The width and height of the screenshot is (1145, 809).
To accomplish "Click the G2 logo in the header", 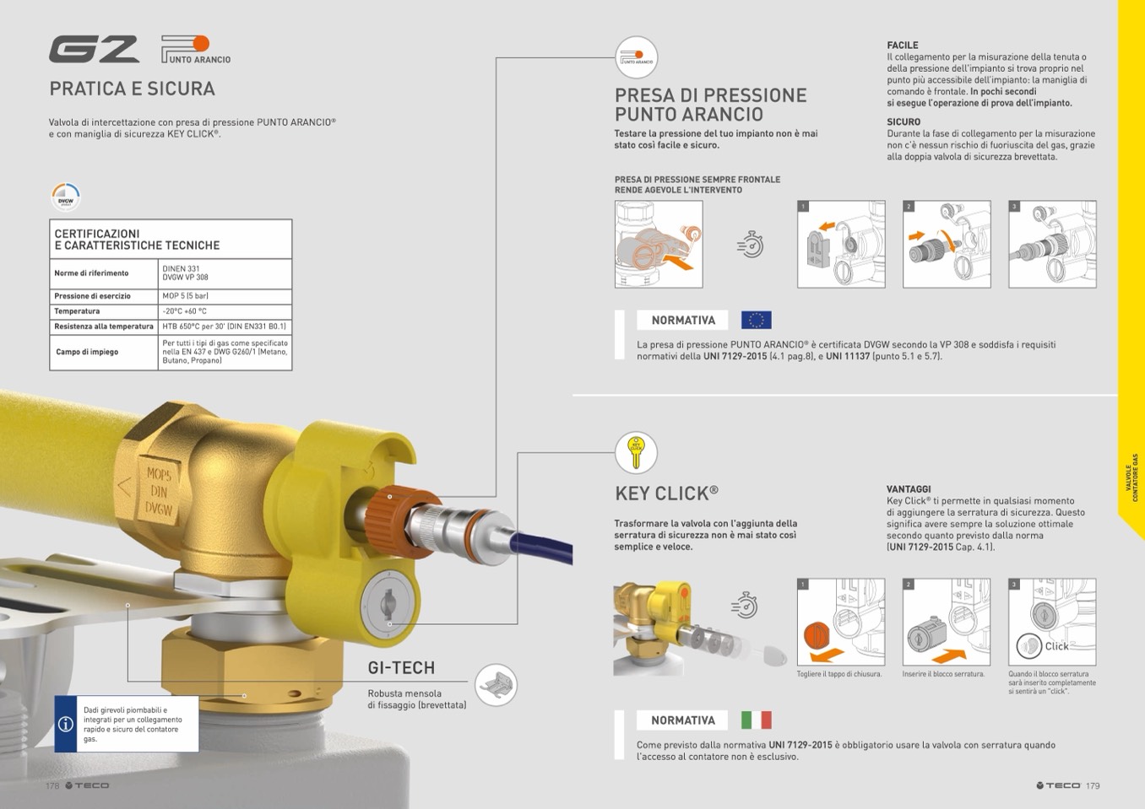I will click(94, 50).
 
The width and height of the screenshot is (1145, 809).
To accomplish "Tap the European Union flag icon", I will click(756, 321).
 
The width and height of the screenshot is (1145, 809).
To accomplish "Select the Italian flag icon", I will click(756, 720).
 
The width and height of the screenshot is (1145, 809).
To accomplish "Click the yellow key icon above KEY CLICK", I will click(636, 452).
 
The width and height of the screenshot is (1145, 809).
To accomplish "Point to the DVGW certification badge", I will click(65, 197).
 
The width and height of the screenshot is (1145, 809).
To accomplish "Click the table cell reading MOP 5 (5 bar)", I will click(186, 296).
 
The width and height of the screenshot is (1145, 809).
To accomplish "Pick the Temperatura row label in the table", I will click(77, 311).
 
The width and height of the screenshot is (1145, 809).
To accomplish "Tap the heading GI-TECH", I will click(401, 668).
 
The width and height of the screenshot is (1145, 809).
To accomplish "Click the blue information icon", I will click(66, 724).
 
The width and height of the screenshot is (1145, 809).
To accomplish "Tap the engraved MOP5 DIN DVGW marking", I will click(158, 492).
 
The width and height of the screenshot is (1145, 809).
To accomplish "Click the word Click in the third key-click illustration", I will click(1056, 646).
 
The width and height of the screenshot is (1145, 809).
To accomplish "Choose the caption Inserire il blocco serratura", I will click(943, 674).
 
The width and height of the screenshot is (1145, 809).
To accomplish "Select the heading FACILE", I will click(902, 46).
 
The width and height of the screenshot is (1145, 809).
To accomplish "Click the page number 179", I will click(1093, 785).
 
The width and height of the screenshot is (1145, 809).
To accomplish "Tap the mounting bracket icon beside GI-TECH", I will click(495, 685).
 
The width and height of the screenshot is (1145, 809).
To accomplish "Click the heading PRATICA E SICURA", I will click(132, 89).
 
